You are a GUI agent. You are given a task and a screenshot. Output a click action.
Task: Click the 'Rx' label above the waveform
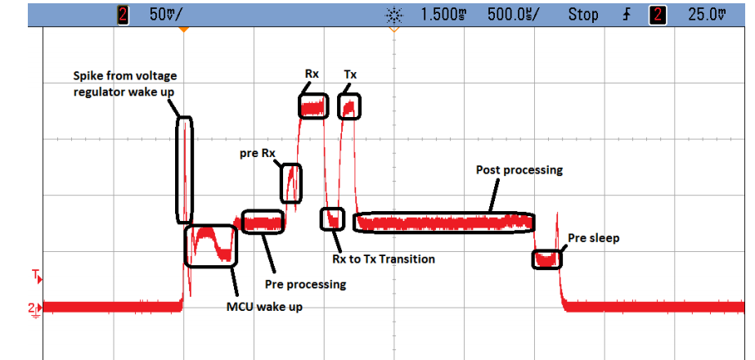312,74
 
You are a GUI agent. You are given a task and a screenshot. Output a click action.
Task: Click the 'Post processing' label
519,170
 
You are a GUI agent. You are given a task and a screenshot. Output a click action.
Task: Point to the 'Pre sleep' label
594,239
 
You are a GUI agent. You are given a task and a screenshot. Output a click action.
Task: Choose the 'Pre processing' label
306,284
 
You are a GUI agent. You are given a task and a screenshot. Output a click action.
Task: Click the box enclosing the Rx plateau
313,106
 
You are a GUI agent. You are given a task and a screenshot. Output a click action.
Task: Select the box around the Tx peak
349,106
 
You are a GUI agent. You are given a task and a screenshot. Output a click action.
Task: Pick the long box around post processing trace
443,222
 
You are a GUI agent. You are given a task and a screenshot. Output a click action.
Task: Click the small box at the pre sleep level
546,259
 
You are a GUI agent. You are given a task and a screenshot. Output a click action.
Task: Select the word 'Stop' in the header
583,15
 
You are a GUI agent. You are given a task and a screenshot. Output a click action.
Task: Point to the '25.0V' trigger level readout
705,15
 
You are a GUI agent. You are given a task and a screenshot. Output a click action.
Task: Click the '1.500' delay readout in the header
442,15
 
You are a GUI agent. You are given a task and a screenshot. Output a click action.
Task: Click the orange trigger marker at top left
185,29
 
